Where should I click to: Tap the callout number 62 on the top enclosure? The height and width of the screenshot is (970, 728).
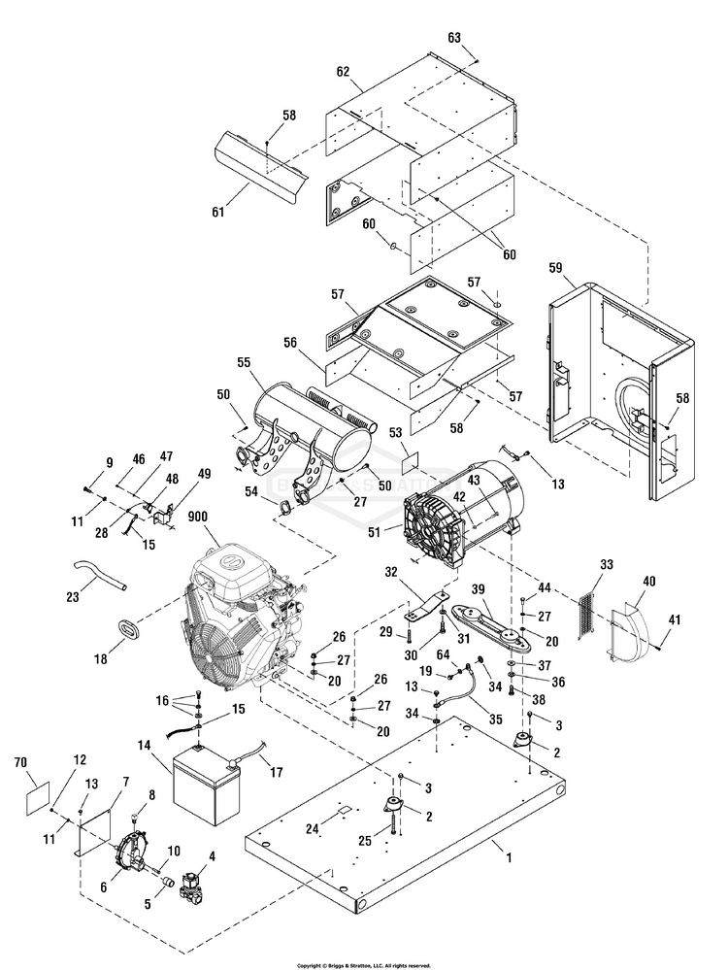coord(342,72)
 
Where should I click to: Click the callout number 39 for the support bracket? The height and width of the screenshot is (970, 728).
coord(477,590)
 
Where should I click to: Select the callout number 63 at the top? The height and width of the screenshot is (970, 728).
coord(454,38)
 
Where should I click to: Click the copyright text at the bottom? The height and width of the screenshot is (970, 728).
coord(363,965)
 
